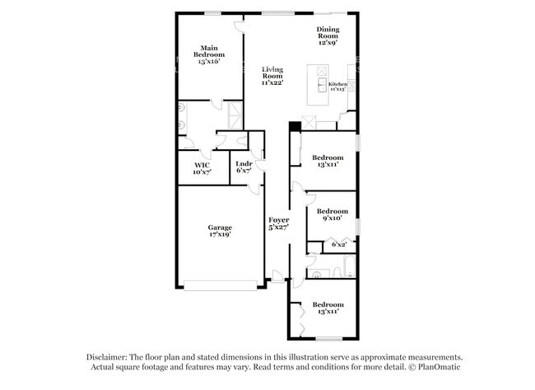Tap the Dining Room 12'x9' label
328,36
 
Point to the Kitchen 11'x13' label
337,87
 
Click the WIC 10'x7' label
202,169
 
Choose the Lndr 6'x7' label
244,167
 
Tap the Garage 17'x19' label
220,231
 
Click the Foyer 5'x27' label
279,223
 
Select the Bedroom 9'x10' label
333,214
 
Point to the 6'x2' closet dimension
339,245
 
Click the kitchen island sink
322,85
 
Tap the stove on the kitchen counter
351,85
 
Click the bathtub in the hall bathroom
350,265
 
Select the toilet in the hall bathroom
337,272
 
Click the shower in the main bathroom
235,115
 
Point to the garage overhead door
221,285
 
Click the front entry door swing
277,276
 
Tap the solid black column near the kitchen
295,126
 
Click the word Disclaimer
107,357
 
